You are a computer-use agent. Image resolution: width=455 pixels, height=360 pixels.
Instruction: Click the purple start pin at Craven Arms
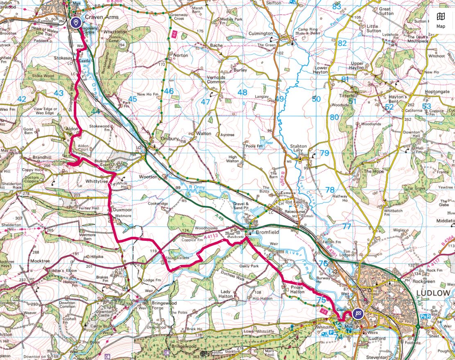(75, 22)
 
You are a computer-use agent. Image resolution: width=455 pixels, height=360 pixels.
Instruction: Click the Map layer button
(441, 19)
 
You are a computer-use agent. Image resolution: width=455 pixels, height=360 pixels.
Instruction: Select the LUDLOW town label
(433, 293)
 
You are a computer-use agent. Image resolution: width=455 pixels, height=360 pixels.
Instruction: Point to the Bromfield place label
(268, 232)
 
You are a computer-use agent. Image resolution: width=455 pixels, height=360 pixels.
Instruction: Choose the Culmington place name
(261, 34)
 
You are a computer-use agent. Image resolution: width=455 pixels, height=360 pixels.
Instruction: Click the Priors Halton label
(297, 290)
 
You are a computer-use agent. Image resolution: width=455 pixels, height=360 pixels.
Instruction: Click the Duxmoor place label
(122, 210)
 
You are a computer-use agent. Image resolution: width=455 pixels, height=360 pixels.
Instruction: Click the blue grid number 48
(242, 93)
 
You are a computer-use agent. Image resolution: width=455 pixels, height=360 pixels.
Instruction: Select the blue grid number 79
(324, 153)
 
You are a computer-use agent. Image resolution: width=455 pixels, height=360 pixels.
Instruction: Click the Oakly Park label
(250, 266)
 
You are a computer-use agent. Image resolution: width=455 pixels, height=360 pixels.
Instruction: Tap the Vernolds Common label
(216, 79)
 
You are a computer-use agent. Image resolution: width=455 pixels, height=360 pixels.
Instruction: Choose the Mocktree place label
(40, 260)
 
